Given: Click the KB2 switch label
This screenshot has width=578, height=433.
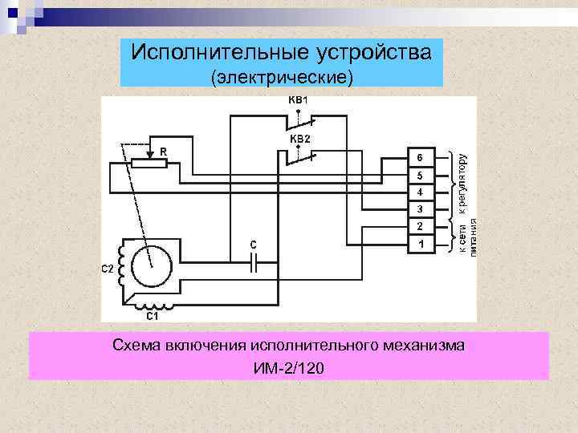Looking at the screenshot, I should coord(299,139).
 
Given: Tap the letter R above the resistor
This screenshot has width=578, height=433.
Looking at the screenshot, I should coord(163,151).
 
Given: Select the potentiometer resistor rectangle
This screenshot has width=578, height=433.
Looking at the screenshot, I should coord(149,164).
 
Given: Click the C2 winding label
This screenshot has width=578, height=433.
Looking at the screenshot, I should coord(107,269).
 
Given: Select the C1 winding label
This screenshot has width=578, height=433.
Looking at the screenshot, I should coord(151,317).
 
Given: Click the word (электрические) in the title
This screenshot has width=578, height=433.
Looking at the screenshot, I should coord(281,78).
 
